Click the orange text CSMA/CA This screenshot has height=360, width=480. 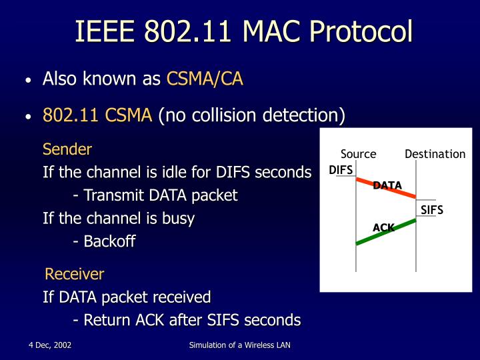205,79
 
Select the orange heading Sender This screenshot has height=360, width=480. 67,149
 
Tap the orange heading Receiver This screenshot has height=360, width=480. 74,274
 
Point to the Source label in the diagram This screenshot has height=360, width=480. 358,154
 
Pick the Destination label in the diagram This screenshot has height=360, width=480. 435,154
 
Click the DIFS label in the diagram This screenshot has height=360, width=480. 341,170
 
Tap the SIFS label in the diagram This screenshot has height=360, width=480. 432,210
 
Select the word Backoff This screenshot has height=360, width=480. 109,241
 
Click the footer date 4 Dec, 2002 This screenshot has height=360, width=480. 50,345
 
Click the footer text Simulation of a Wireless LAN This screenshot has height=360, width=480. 240,345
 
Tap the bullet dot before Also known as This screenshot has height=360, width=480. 28,81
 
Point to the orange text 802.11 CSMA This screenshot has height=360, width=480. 97,115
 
